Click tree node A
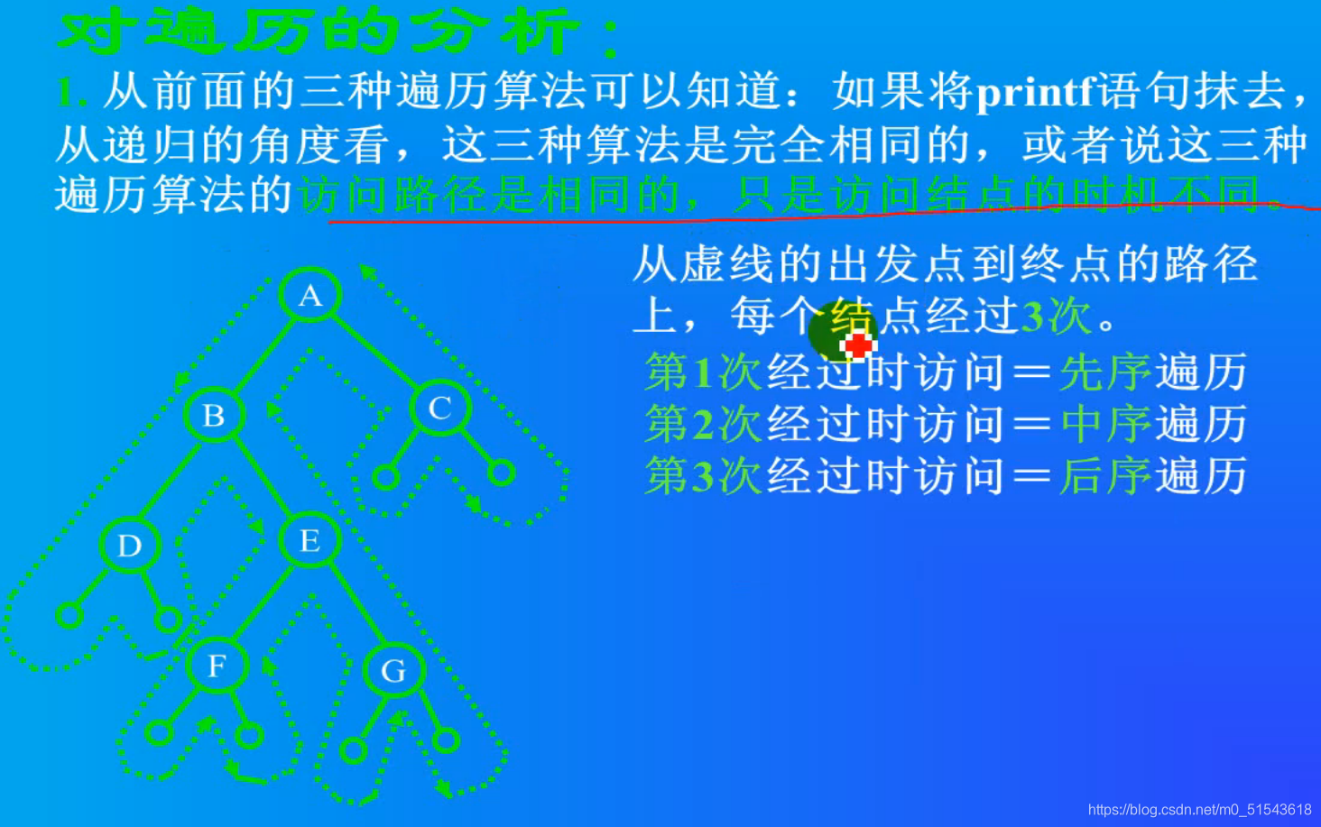coord(309,295)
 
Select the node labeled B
coord(214,415)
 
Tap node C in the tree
coord(439,408)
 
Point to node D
coord(129,545)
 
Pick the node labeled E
coord(309,540)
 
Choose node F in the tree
coord(217,666)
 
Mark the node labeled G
coord(393,670)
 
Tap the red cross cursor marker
coord(857,345)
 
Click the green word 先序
coord(1106,372)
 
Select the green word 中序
coord(1106,424)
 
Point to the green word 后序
coord(1106,476)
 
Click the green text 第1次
coord(704,372)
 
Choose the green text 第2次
coord(704,424)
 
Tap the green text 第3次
coord(704,476)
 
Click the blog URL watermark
coord(1199,810)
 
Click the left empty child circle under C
coord(386,477)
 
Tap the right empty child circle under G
coord(446,741)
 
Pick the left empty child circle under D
coord(69,615)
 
